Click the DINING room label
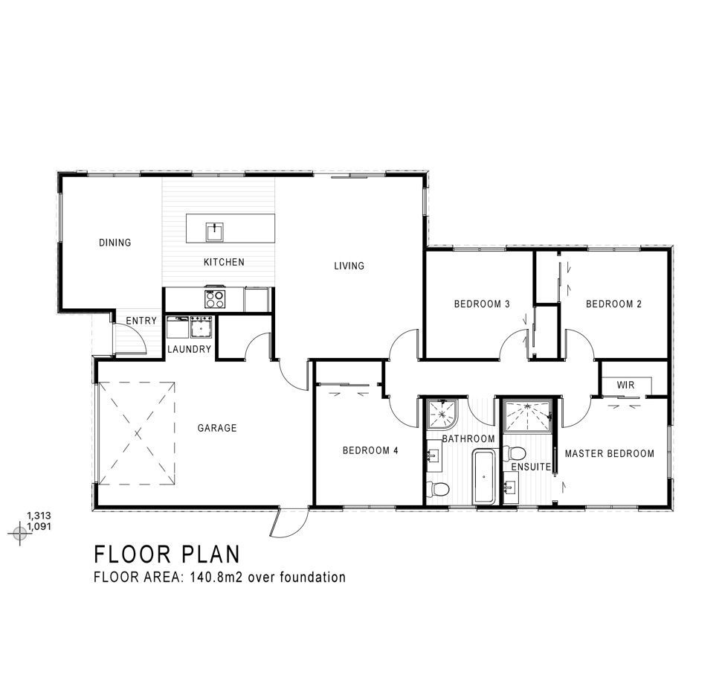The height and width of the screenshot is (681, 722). [115, 243]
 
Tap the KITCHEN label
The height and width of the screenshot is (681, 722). [225, 262]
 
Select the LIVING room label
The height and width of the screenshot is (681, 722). [349, 266]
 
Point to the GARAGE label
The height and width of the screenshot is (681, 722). [217, 428]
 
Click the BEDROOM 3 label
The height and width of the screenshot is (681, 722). [482, 304]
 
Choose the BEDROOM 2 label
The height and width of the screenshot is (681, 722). [613, 304]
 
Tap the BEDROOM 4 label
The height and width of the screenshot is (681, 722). [371, 450]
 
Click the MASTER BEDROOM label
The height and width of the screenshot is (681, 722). [610, 454]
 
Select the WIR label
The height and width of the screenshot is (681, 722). [626, 385]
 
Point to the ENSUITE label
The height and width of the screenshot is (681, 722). [532, 467]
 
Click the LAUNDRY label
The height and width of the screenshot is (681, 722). [190, 349]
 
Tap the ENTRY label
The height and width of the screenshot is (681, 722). [141, 321]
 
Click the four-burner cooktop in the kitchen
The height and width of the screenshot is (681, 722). [215, 299]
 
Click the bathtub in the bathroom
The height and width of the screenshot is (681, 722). [483, 477]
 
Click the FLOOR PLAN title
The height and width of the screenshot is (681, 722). [167, 554]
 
